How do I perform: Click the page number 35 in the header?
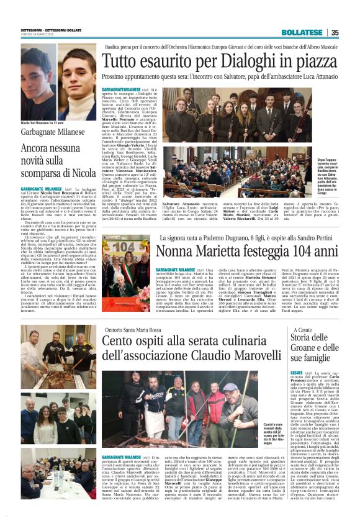335,33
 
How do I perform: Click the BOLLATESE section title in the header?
302,33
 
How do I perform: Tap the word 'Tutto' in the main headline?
124,61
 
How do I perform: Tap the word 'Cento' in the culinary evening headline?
121,342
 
